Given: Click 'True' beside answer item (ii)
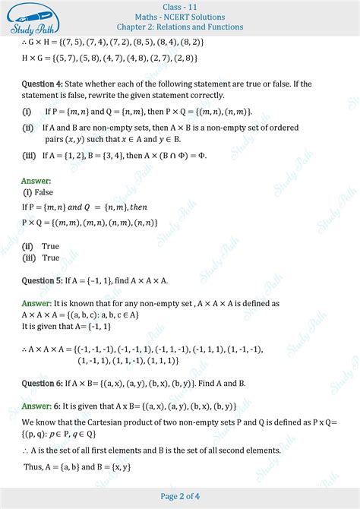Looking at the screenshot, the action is coord(51,246).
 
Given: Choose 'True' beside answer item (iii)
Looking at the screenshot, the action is coord(51,258).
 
